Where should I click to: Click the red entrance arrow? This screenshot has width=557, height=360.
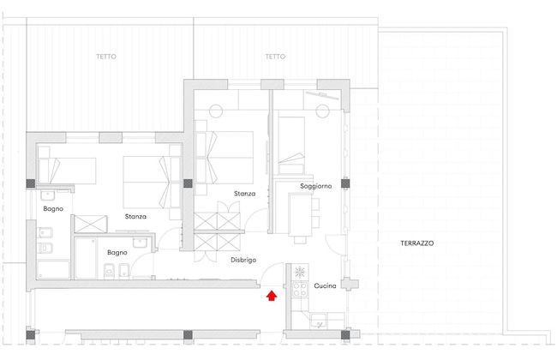click(x=272, y=296)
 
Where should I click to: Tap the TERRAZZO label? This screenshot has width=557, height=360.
click(x=417, y=243)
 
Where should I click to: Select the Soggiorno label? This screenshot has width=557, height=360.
click(x=316, y=186)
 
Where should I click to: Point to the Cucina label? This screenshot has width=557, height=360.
click(x=325, y=285)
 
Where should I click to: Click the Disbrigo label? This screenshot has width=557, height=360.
click(x=243, y=260)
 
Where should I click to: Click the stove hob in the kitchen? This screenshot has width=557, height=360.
click(x=300, y=289)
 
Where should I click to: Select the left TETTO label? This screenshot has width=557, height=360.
click(x=106, y=57)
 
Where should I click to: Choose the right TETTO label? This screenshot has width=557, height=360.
click(x=275, y=57)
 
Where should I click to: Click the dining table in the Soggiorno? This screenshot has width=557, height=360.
click(x=300, y=214)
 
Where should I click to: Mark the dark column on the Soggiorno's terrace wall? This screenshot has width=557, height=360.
click(x=345, y=183)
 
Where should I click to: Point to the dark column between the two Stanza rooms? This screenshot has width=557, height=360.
click(x=188, y=183)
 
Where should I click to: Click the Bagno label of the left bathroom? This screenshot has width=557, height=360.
click(x=53, y=208)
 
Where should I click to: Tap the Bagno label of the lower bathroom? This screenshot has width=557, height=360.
click(x=117, y=252)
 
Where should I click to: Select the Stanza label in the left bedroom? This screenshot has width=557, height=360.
click(x=135, y=216)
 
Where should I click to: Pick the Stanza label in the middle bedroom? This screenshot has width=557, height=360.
click(x=245, y=194)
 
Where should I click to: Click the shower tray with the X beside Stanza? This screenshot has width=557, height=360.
click(x=91, y=224)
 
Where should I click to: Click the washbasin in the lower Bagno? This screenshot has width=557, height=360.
click(x=140, y=243)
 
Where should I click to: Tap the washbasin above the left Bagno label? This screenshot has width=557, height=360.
click(x=48, y=195)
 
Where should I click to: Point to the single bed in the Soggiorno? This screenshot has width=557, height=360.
click(x=291, y=146)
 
